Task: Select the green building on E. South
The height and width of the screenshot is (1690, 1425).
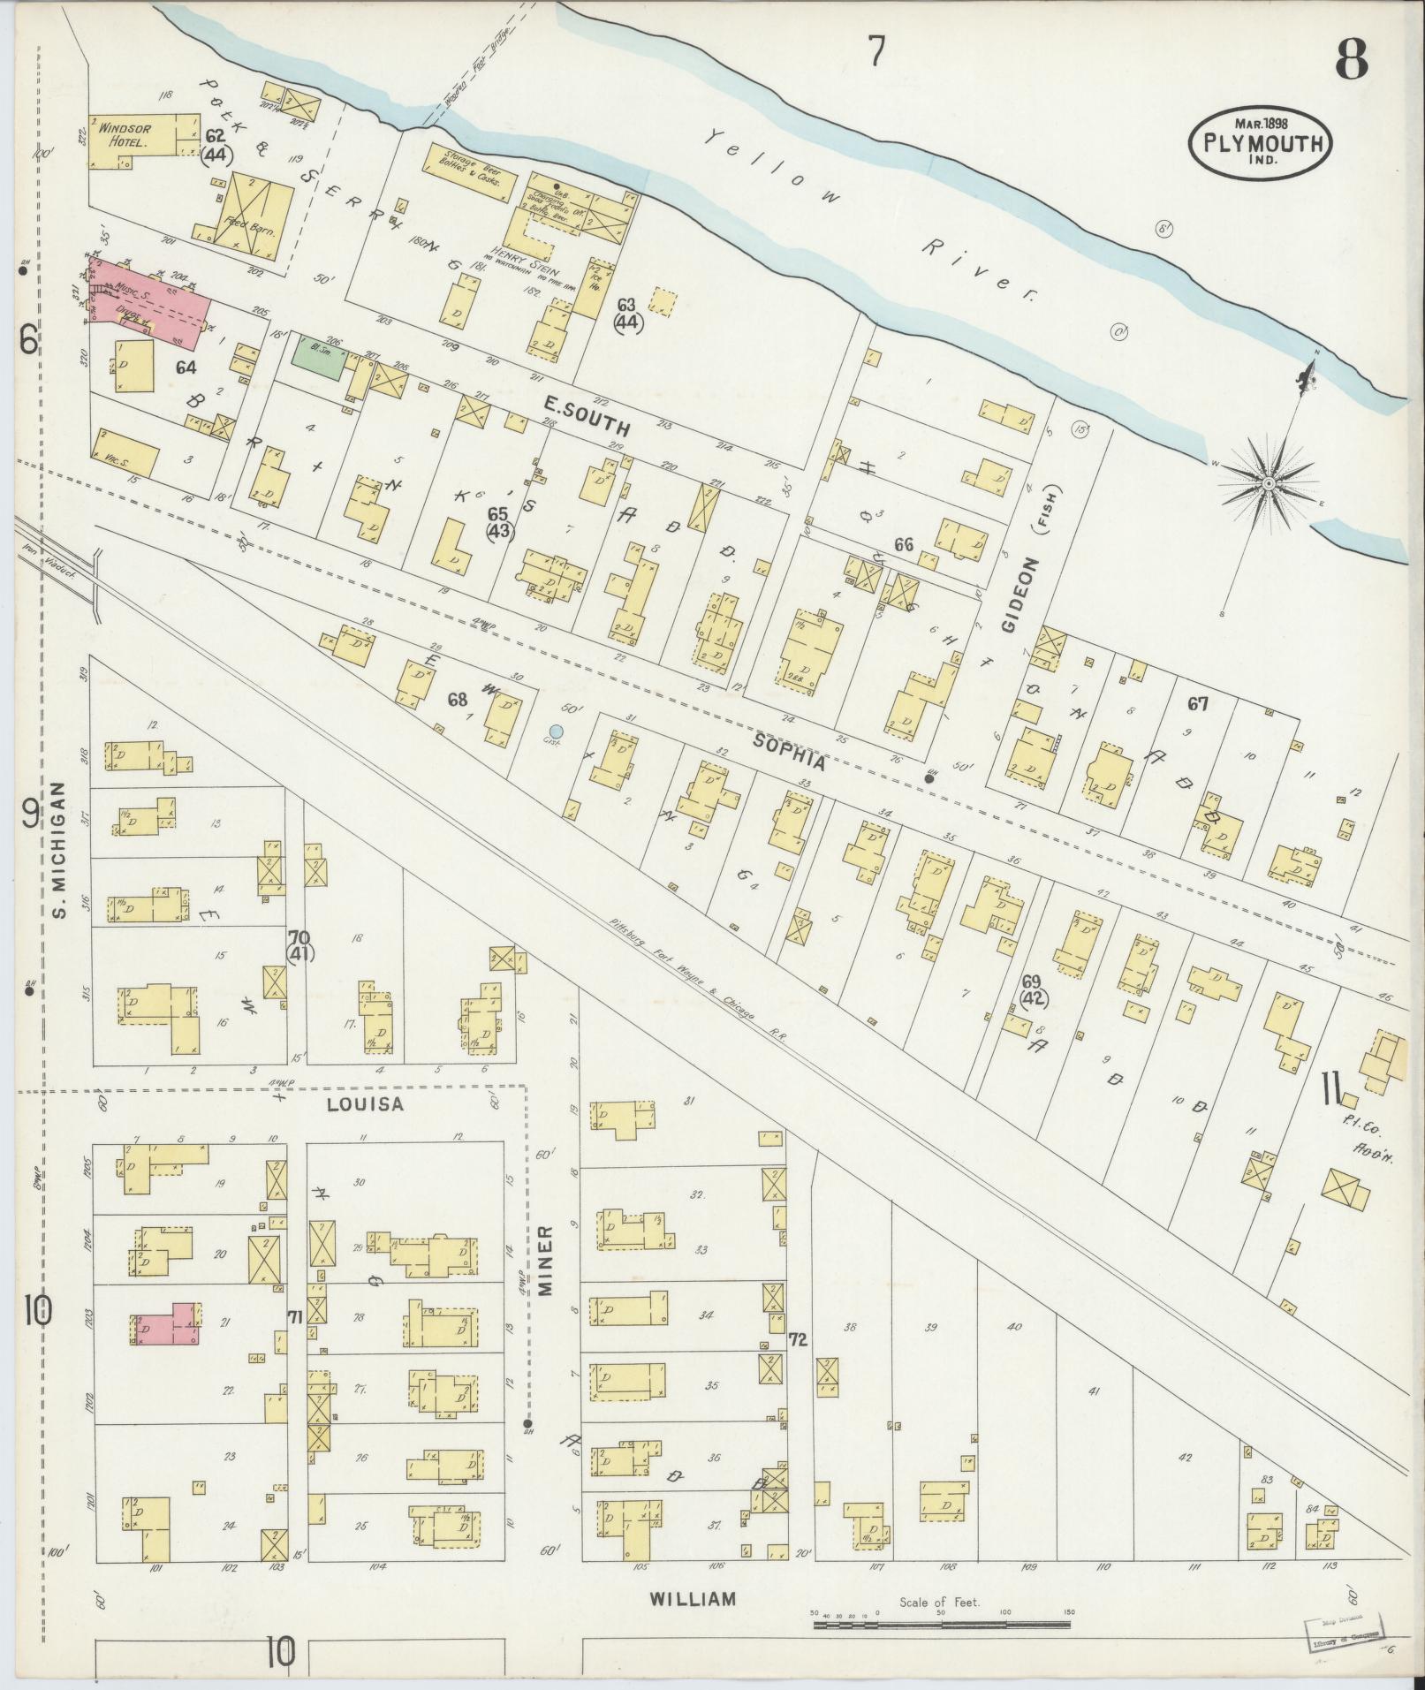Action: tap(318, 359)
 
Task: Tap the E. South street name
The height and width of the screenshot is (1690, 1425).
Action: tap(587, 416)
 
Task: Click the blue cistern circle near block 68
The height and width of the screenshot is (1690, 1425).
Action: tap(556, 731)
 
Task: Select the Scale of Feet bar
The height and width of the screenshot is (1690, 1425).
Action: tap(941, 1624)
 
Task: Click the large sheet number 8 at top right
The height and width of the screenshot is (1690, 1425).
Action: tap(1351, 60)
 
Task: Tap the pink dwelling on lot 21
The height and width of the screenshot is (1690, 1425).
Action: tap(169, 1323)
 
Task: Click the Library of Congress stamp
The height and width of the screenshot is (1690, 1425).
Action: tap(1344, 1630)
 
